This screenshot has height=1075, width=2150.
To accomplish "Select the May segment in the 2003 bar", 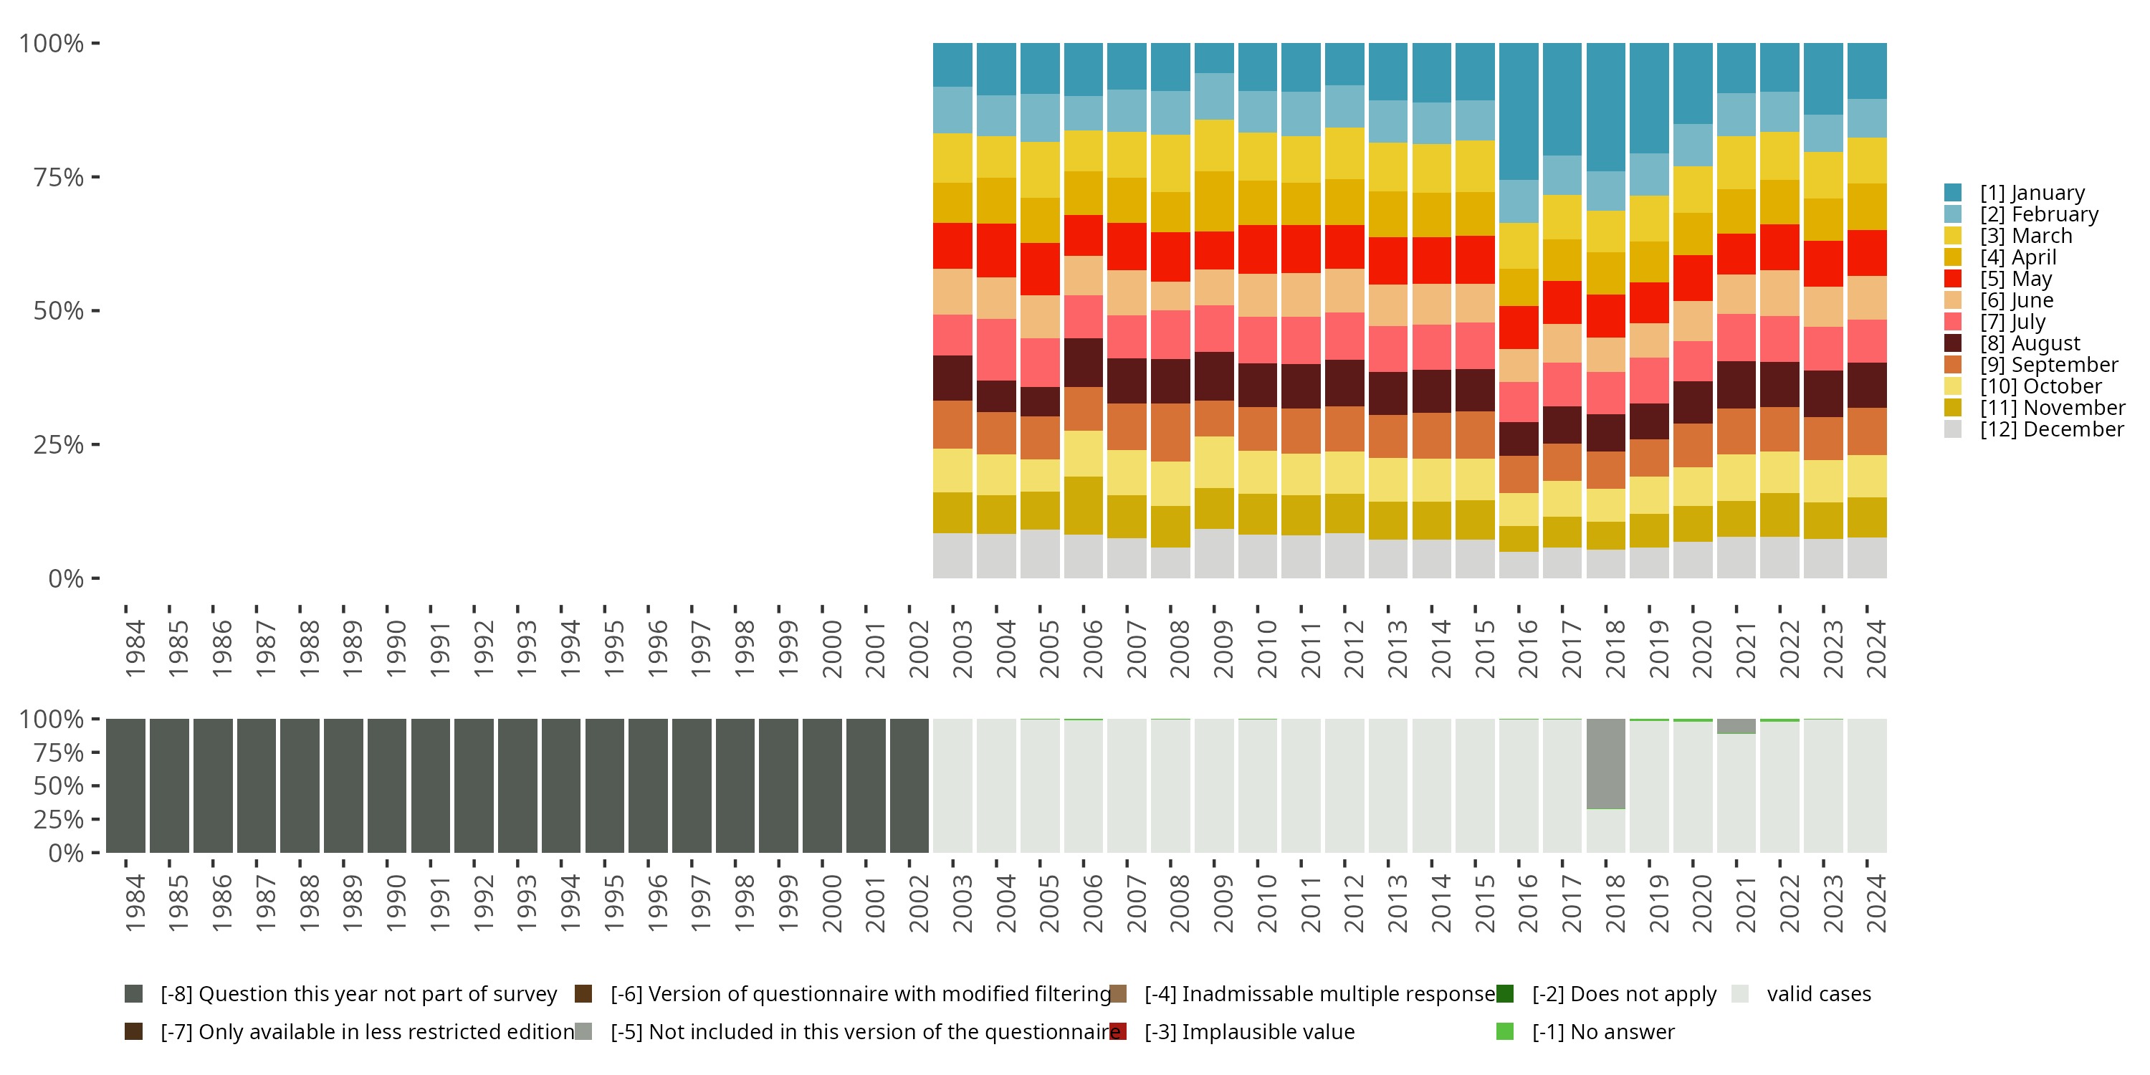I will (x=952, y=245).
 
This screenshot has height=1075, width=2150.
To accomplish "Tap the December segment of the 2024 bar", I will (x=1866, y=558).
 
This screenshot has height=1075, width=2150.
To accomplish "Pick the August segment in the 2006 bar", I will (x=1084, y=362).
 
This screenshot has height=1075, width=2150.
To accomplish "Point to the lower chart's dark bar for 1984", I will (x=126, y=785).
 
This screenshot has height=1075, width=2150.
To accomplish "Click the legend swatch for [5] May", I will (x=1953, y=279).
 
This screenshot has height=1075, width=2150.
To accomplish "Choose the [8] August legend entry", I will (x=2030, y=344).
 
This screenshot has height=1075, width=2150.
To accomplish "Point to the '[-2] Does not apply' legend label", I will (x=1624, y=994).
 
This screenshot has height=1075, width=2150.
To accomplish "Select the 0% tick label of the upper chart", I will (x=66, y=578).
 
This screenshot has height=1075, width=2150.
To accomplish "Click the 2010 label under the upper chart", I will (x=1266, y=649).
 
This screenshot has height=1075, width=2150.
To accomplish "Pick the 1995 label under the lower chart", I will (x=613, y=903).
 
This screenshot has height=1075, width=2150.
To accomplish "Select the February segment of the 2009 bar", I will (x=1213, y=96).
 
